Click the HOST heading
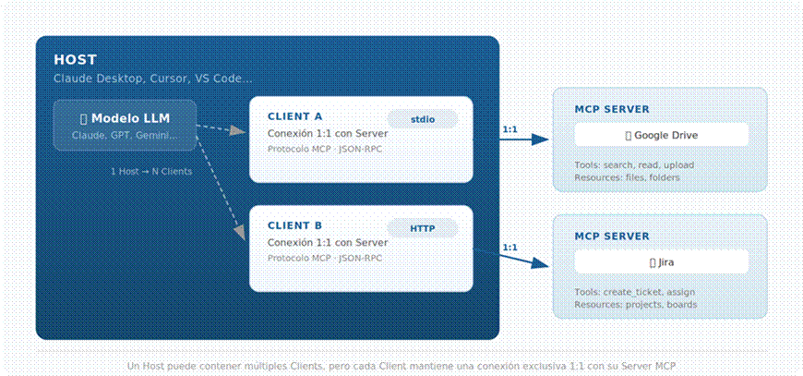[x=76, y=60]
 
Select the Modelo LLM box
[x=125, y=125]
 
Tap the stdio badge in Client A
[x=423, y=119]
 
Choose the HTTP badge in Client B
[x=423, y=228]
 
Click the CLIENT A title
[x=295, y=116]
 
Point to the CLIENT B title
[x=295, y=226]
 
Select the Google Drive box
[x=661, y=135]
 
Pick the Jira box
[x=661, y=262]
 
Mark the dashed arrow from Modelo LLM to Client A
[x=222, y=128]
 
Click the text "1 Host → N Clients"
[x=151, y=172]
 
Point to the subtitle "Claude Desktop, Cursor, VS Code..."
[x=152, y=79]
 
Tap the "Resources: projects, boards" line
[x=636, y=304]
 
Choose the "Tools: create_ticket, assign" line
[x=634, y=292]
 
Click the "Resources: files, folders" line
[x=627, y=177]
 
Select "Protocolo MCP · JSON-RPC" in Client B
[x=325, y=258]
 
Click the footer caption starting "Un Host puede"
[x=401, y=366]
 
